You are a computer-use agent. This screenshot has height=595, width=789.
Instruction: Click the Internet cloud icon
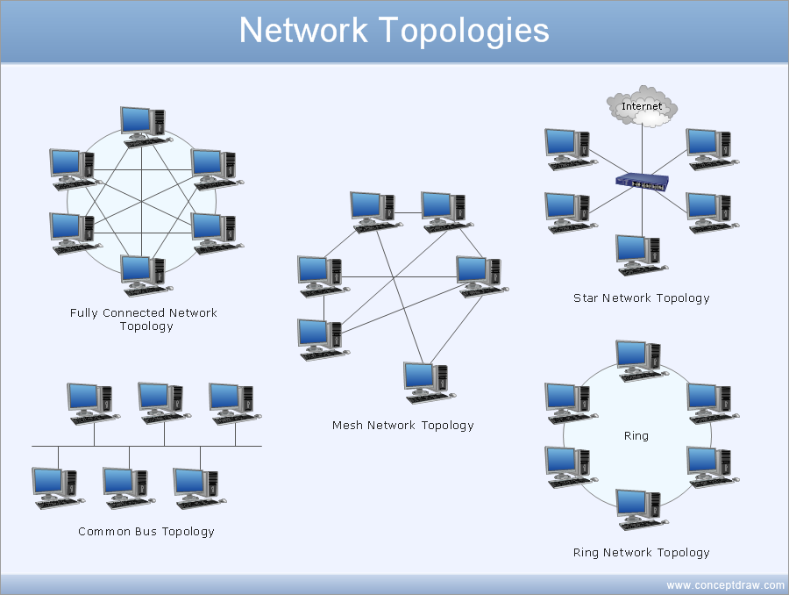pyautogui.click(x=643, y=105)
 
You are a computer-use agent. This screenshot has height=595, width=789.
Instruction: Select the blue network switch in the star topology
pyautogui.click(x=642, y=182)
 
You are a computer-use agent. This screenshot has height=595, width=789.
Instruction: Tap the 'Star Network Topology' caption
pyautogui.click(x=641, y=298)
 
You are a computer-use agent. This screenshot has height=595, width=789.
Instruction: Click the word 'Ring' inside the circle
pyautogui.click(x=636, y=435)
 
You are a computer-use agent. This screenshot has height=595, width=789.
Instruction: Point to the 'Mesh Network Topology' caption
pyautogui.click(x=402, y=426)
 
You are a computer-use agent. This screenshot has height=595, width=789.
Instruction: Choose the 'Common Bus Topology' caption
pyautogui.click(x=146, y=532)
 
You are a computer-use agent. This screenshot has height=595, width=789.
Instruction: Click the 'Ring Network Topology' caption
pyautogui.click(x=641, y=553)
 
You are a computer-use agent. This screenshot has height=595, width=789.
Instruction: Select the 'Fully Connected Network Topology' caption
pyautogui.click(x=144, y=319)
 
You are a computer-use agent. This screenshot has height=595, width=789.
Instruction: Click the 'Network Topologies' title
pyautogui.click(x=394, y=31)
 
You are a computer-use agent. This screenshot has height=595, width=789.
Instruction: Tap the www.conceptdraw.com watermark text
pyautogui.click(x=725, y=585)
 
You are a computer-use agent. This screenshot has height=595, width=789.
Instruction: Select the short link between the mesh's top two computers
pyautogui.click(x=408, y=212)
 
